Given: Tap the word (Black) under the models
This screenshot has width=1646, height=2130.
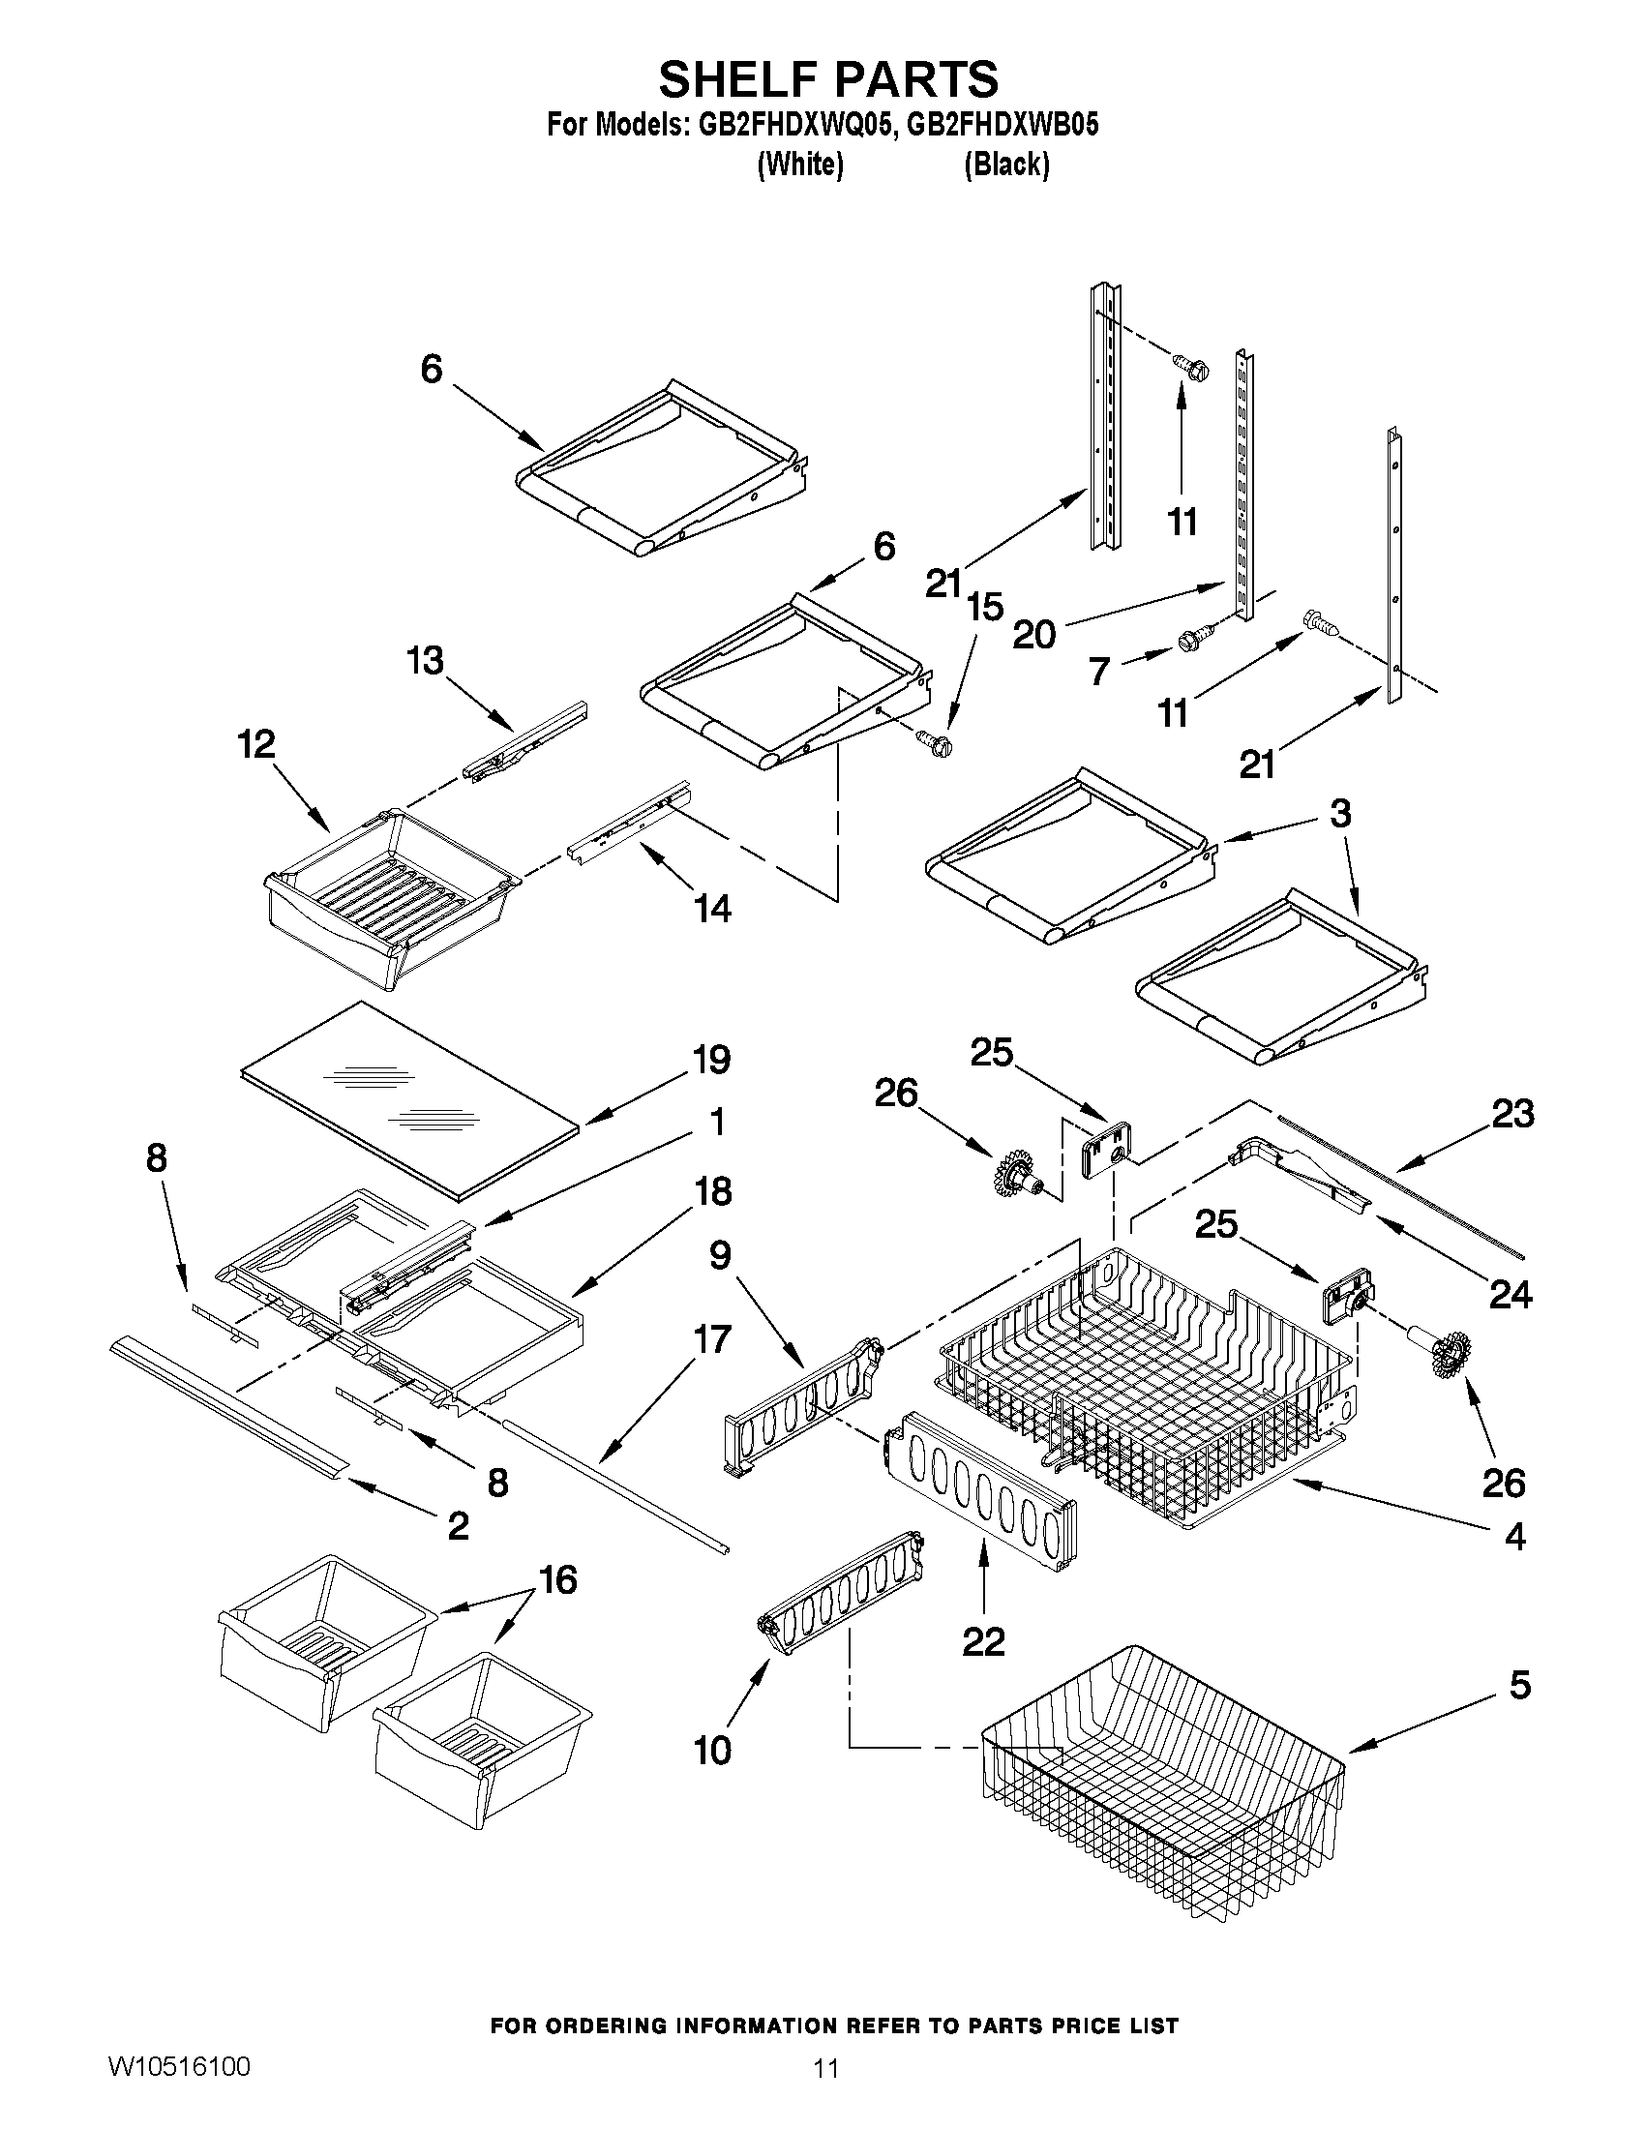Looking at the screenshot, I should coord(1006,165).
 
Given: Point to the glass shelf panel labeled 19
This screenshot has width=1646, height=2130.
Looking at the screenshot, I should coord(409,1097).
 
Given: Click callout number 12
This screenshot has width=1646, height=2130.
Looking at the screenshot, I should coord(256,745).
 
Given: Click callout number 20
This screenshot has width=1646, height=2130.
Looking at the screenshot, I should coord(1033,635).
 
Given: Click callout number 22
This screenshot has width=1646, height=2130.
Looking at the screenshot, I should coord(983,1642).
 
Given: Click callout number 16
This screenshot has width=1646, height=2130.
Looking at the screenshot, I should coord(557,1579).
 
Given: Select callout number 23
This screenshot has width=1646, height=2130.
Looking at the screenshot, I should coord(1513,1114).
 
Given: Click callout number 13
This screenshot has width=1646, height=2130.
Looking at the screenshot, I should coord(425,660).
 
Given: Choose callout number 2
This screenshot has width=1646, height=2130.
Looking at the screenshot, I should coord(459,1525).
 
